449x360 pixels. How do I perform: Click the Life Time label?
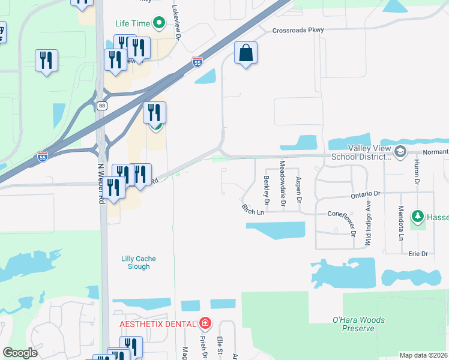132,23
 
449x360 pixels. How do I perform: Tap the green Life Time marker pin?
158,23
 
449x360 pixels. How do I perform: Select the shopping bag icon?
246,53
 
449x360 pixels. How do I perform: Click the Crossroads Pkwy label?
298,30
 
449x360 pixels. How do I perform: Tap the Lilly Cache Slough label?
139,263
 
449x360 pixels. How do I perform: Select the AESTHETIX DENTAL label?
158,324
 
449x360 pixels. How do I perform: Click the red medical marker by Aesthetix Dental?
205,324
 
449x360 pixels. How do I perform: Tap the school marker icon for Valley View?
400,152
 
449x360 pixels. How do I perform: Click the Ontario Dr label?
366,194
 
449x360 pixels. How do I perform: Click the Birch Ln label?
253,211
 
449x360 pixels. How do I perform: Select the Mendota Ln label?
401,223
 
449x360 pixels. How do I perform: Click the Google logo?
20,353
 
